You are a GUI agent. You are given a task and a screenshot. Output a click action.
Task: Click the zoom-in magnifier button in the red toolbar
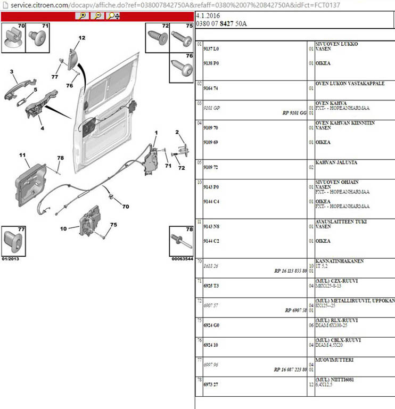coord(83,16)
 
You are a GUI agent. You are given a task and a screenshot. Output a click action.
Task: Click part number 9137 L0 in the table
coord(212,48)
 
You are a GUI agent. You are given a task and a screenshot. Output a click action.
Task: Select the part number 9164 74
coord(212,88)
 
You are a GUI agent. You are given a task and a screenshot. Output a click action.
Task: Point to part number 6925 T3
coord(212,286)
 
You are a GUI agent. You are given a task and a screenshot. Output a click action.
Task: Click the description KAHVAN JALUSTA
coord(336,162)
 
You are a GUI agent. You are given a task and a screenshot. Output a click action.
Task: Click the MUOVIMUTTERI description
coord(334,360)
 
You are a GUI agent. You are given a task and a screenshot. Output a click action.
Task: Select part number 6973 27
coord(212,383)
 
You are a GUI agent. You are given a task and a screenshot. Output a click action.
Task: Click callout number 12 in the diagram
coord(81,38)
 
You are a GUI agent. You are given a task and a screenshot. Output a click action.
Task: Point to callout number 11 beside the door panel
coord(22,155)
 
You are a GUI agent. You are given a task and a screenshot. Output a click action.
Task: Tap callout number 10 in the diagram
coord(63,228)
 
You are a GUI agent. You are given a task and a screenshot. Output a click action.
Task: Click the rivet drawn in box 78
coord(180,242)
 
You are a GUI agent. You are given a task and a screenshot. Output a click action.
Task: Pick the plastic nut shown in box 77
coord(13,243)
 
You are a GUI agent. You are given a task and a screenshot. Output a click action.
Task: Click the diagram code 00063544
coord(182,259)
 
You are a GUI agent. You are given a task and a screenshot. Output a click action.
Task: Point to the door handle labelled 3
coord(19,86)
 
